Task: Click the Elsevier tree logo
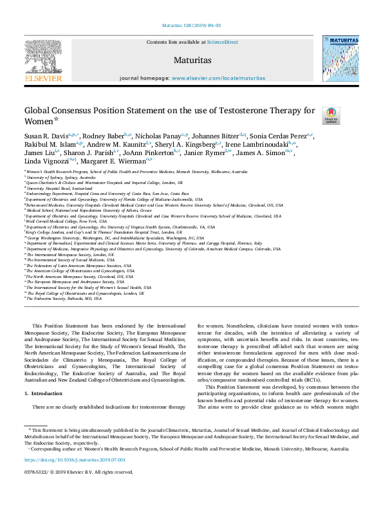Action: (43, 56)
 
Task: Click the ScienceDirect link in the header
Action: (223, 42)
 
